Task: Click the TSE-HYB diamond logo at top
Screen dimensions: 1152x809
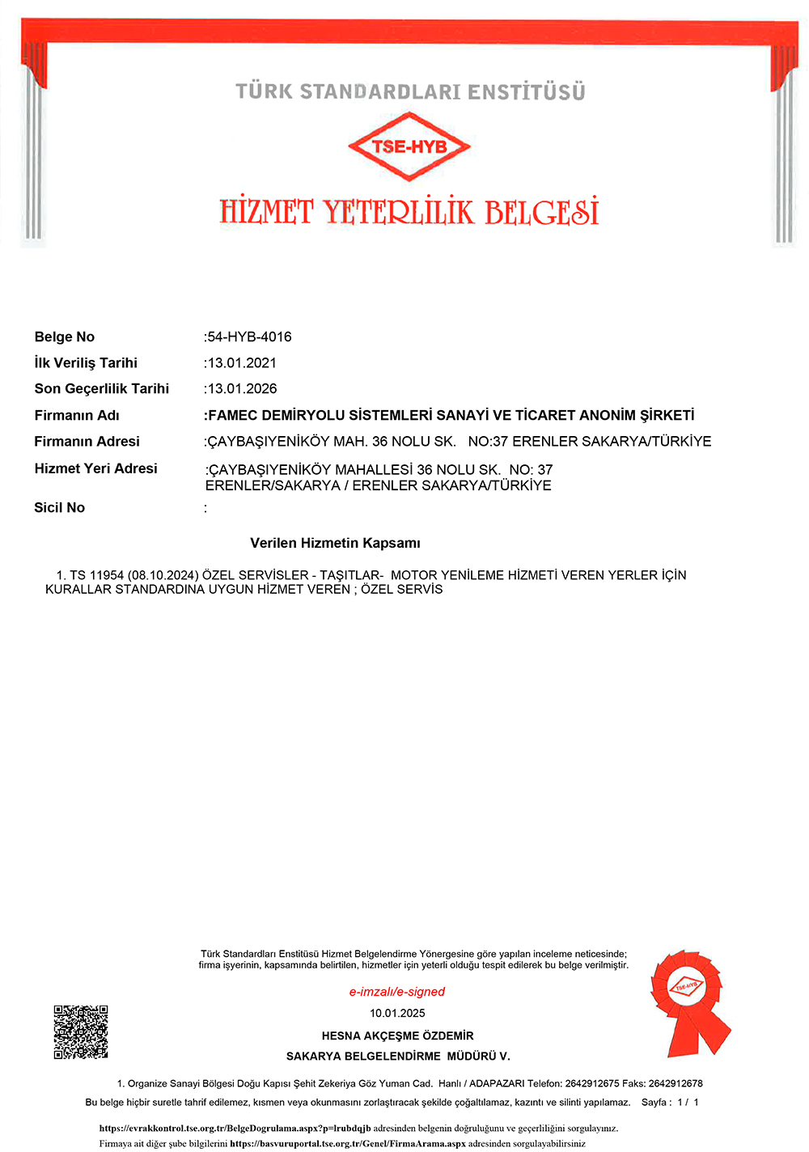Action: (409, 146)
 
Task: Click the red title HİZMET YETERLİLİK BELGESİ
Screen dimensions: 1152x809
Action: (409, 212)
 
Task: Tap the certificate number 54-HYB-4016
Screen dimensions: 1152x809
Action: (249, 337)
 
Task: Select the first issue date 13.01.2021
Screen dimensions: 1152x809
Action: (242, 362)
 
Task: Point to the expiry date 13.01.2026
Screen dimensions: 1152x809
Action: (242, 388)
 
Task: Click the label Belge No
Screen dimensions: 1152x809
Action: (65, 337)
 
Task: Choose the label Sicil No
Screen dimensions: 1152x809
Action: (59, 507)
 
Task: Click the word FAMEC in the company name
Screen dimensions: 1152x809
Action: (232, 415)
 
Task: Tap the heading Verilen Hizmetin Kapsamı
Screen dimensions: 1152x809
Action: (335, 543)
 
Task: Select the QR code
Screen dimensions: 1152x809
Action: (81, 1031)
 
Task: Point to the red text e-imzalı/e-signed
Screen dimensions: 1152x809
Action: (397, 992)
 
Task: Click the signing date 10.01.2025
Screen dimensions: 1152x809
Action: (397, 1013)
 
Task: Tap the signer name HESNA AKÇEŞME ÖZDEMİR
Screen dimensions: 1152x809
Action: (397, 1036)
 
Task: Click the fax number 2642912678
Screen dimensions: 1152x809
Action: (676, 1083)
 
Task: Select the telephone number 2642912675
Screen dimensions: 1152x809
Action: (592, 1083)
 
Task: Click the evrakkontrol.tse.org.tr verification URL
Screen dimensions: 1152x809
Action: (235, 1128)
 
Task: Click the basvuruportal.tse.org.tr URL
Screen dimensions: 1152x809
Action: (348, 1144)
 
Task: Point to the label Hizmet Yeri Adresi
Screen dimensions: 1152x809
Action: (95, 468)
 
